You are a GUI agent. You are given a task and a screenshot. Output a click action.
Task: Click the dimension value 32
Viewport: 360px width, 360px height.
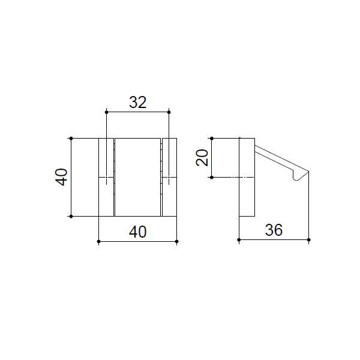[138, 103]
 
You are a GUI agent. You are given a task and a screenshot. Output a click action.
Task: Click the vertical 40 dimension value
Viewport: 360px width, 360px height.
[61, 177]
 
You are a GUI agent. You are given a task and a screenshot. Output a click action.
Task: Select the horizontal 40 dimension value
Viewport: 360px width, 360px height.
[138, 232]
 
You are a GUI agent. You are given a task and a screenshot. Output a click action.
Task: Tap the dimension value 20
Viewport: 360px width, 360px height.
[202, 157]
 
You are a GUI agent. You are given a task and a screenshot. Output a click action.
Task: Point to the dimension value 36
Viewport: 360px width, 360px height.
[274, 230]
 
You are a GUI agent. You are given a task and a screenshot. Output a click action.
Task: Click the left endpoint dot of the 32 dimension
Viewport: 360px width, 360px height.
[106, 112]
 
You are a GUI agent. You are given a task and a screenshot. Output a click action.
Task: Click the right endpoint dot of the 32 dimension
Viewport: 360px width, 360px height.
[169, 112]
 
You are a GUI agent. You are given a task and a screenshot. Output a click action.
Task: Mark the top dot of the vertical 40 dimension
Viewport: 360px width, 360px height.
[71, 138]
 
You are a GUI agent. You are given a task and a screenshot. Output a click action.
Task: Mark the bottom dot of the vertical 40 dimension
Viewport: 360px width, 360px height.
[71, 216]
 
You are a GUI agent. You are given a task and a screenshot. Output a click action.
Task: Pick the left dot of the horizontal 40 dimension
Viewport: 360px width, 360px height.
[99, 242]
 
